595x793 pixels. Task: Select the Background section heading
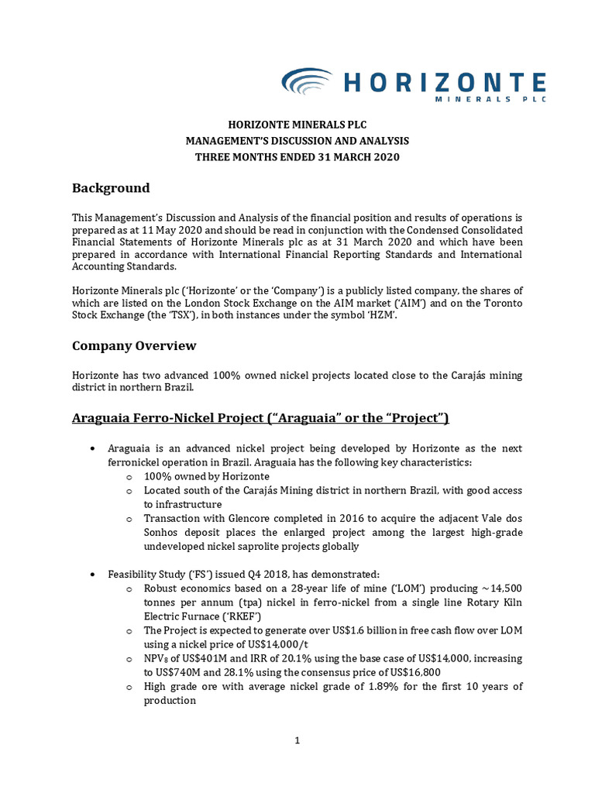[x=111, y=188]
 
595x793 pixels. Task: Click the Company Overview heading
[x=134, y=345]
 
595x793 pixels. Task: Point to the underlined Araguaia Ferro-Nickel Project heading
[x=260, y=418]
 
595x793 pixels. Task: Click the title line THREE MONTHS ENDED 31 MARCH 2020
[x=297, y=157]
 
